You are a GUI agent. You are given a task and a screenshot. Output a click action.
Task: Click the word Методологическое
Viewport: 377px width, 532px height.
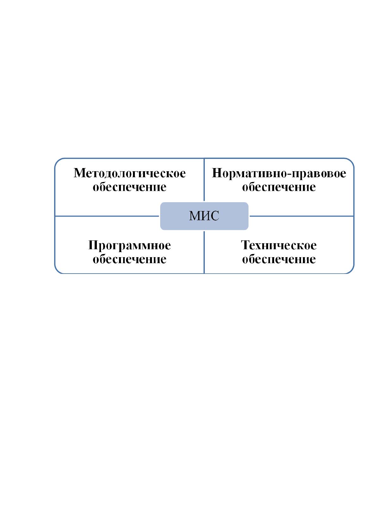point(129,173)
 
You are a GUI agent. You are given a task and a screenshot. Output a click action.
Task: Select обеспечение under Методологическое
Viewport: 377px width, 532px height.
point(129,187)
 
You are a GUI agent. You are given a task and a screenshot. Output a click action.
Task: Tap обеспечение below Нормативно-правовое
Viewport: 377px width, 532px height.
point(279,187)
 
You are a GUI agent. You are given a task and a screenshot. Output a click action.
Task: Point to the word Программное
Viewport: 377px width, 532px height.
point(129,245)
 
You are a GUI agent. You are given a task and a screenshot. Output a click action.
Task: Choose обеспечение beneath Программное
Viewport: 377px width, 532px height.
point(129,259)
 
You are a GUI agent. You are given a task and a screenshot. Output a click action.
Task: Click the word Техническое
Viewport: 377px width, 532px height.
point(279,245)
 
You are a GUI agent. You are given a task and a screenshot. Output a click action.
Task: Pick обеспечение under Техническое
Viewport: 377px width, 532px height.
point(279,259)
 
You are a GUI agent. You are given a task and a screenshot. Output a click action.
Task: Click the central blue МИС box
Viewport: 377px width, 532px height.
point(204,216)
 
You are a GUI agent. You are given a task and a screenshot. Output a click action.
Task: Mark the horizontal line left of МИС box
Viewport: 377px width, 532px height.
point(107,216)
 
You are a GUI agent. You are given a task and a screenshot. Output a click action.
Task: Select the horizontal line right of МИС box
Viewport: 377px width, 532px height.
point(302,216)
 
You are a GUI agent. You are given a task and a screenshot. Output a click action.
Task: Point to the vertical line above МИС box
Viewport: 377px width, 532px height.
point(204,179)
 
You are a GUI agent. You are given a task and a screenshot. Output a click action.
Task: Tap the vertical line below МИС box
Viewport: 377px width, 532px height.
point(204,252)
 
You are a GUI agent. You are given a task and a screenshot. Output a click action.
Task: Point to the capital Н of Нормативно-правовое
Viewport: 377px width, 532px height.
point(217,173)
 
